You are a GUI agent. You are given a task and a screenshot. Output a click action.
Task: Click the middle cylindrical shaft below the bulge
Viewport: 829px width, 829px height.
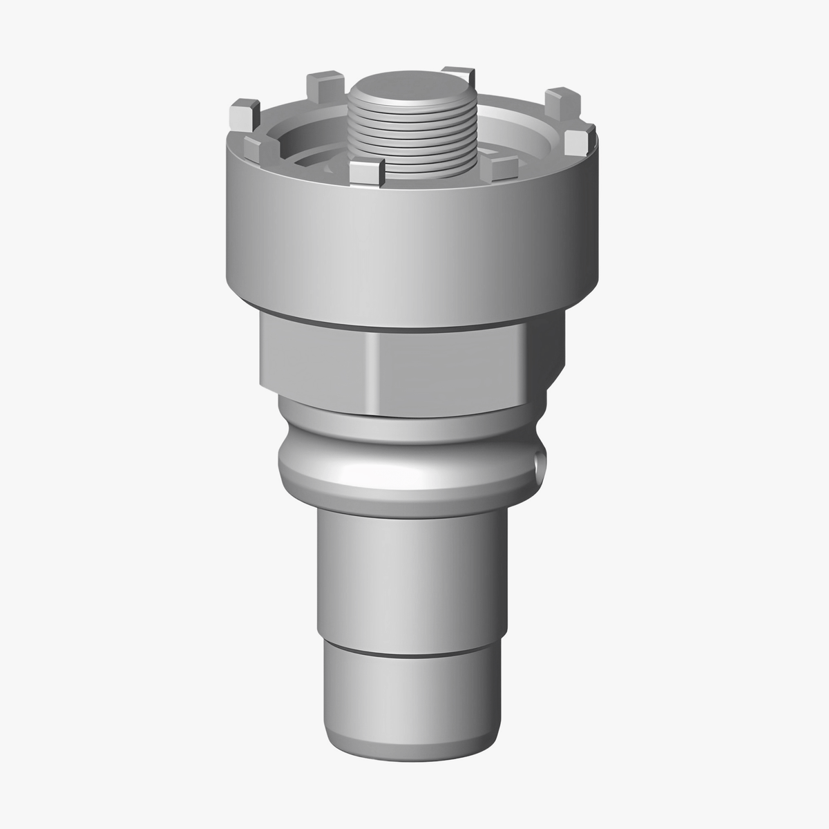[x=408, y=573]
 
